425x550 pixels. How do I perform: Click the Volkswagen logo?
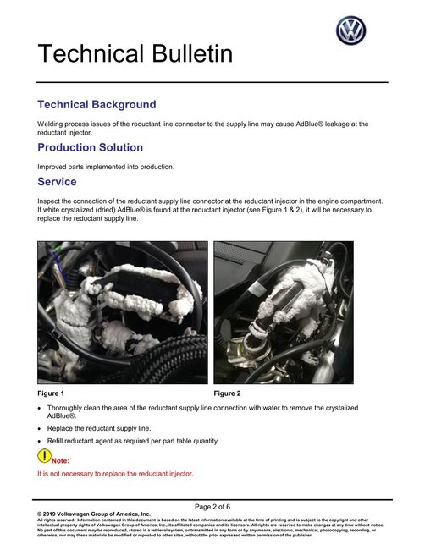coord(350,30)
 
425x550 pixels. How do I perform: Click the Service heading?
coord(58,182)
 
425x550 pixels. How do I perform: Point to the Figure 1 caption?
coord(51,393)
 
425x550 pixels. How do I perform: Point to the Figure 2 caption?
coord(227,393)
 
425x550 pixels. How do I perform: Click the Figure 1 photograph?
coord(121,313)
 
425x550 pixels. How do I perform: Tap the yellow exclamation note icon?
coord(44,456)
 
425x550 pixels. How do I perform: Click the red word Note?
coord(61,460)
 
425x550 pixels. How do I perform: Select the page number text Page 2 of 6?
coord(212,505)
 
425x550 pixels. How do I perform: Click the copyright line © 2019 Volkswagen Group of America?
coord(94,514)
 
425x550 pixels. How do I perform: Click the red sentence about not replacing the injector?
coord(115,474)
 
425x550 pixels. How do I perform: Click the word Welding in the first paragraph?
coord(51,124)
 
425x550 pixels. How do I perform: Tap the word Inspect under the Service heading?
coord(50,201)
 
